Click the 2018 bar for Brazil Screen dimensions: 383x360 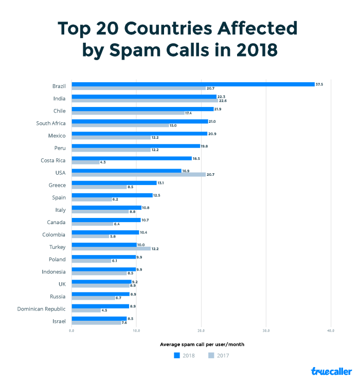pos(193,84)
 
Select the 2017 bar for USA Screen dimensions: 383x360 pos(138,175)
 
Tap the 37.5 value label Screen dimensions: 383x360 pos(319,84)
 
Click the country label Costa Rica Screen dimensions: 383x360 pos(53,160)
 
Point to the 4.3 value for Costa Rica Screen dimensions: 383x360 pos(103,162)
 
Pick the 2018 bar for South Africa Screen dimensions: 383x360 pos(139,121)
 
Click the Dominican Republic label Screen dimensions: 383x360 pos(41,308)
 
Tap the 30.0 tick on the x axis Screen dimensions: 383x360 pos(266,331)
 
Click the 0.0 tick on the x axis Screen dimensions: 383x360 pos(71,331)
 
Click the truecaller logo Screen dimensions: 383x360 pos(331,371)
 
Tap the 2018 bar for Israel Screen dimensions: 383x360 pos(99,319)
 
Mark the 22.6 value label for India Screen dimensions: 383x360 pos(223,101)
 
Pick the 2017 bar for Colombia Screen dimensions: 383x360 pos(90,236)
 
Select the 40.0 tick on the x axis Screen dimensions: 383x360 pos(331,331)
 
